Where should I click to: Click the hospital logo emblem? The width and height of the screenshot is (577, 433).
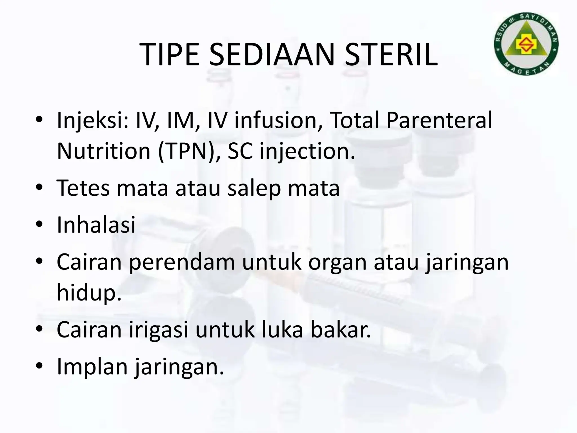pos(526,44)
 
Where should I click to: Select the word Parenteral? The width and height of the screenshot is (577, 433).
pos(439,120)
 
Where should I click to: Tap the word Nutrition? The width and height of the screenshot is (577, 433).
pos(104,151)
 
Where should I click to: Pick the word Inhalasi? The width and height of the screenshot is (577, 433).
pos(96,225)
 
